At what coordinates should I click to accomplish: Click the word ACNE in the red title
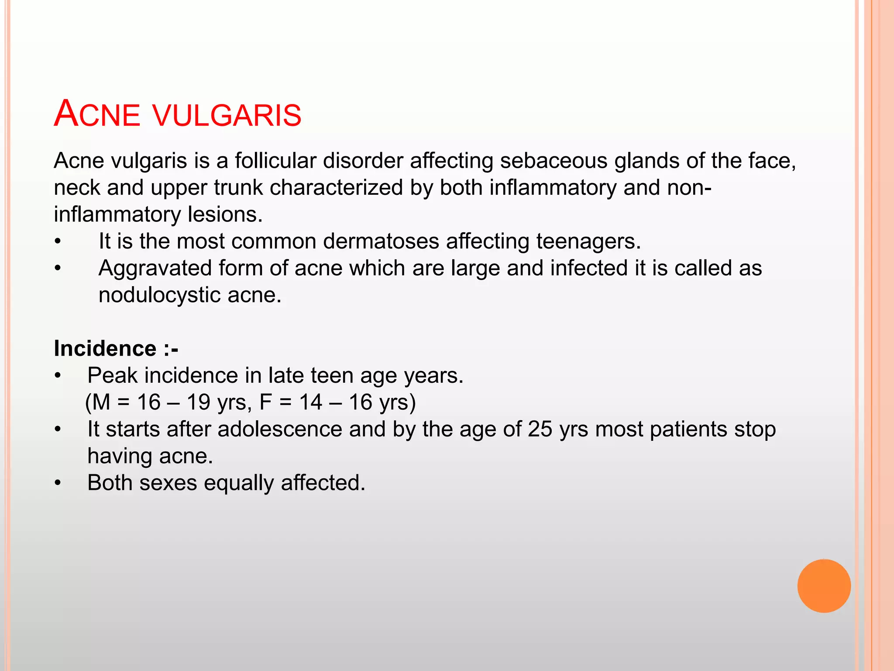[97, 114]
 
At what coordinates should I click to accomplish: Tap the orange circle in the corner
[824, 586]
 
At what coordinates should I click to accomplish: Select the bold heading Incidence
[105, 349]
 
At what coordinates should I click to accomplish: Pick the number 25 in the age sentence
[540, 429]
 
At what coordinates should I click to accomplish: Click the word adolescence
[279, 429]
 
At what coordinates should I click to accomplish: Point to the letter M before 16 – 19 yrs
[101, 402]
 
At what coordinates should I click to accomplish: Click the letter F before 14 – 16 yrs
[265, 402]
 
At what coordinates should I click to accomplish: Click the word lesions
[225, 214]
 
